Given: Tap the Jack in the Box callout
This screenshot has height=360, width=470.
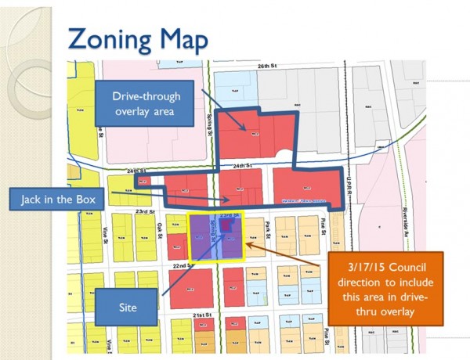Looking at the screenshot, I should pyautogui.click(x=70, y=201).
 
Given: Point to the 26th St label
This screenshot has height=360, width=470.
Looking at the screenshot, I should pyautogui.click(x=268, y=67).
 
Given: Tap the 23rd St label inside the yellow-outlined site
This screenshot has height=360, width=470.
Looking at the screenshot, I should pyautogui.click(x=226, y=214).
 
